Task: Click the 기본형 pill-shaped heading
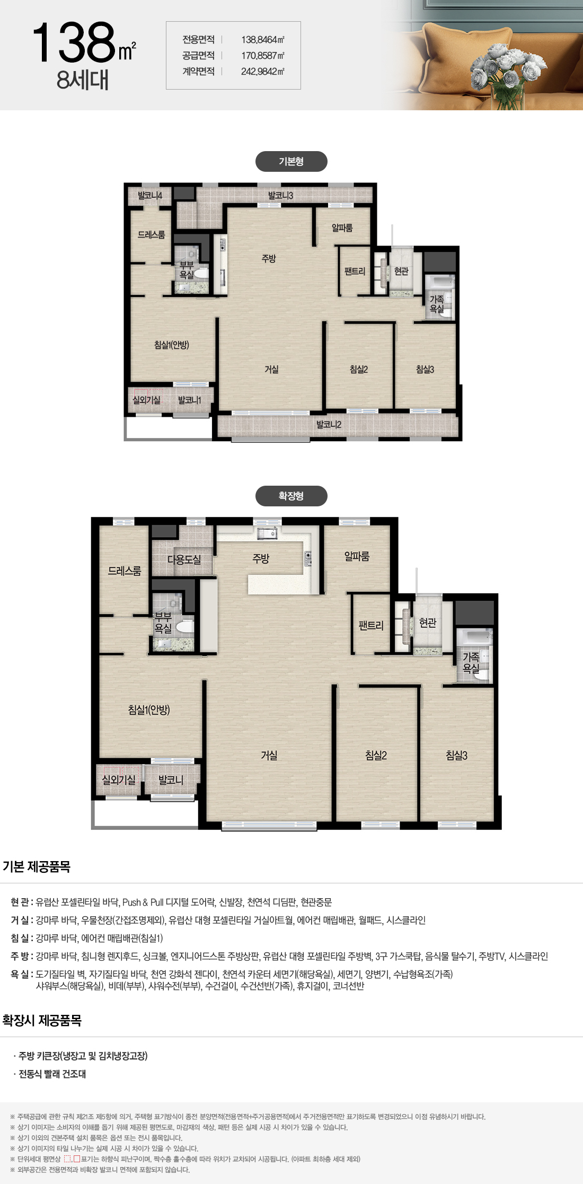click(x=291, y=162)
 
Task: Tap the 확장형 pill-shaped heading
click(x=291, y=496)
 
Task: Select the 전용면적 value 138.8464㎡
click(x=263, y=40)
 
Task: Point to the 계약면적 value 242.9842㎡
click(x=263, y=72)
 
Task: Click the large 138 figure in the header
click(x=74, y=42)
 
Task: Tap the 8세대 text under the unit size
click(x=83, y=80)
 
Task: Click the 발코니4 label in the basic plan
click(x=150, y=195)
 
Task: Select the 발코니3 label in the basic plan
click(x=280, y=195)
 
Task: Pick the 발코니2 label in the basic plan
click(x=329, y=424)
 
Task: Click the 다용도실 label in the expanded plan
click(x=184, y=559)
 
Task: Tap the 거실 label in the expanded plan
click(x=269, y=755)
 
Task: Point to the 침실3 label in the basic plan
click(x=425, y=369)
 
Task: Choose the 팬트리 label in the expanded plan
click(x=371, y=625)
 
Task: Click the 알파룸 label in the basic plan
click(x=342, y=227)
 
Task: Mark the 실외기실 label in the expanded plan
click(x=119, y=779)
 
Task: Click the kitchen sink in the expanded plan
click(x=267, y=533)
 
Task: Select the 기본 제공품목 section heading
click(x=37, y=866)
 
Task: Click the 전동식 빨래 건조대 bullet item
click(x=52, y=1074)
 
